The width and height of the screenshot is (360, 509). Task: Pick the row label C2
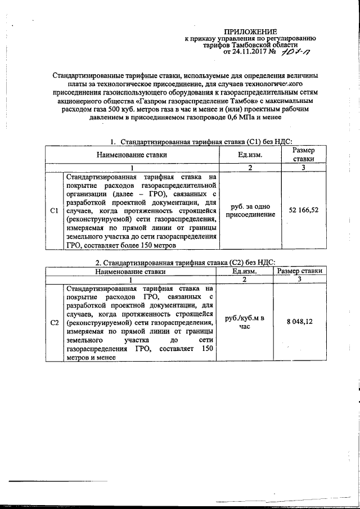[x=55, y=323]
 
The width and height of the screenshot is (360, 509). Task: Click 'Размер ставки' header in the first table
[x=304, y=154]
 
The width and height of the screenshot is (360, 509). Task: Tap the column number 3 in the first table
[x=304, y=168]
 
